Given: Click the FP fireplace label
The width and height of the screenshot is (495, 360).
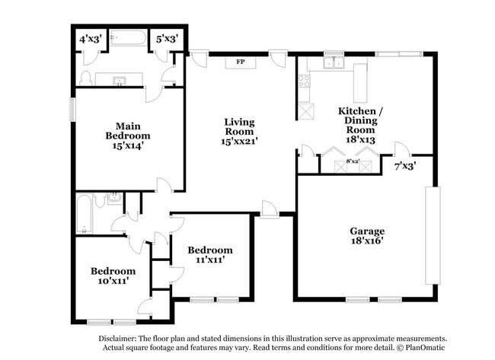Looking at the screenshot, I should (240, 62).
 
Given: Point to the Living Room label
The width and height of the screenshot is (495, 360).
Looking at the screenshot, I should (239, 131).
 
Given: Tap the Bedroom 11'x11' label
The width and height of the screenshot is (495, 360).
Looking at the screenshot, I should (210, 254).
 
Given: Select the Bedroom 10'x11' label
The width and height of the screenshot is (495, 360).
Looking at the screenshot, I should (113, 275).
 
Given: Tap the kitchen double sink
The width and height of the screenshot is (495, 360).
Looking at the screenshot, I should (334, 65).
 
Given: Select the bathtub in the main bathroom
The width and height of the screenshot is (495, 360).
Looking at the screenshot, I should (128, 37).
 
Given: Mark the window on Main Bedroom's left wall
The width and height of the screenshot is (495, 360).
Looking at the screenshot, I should (73, 108).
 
